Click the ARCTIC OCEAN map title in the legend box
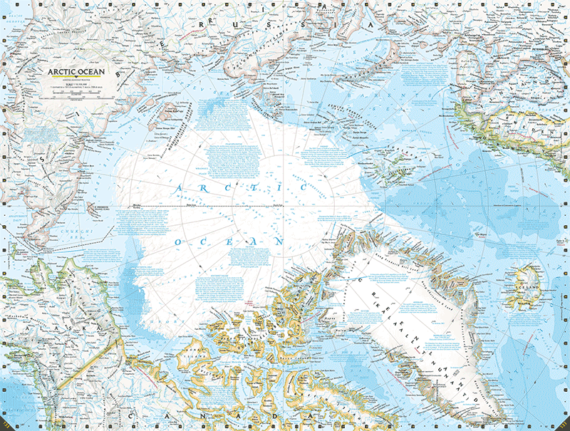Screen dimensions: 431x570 [76, 71]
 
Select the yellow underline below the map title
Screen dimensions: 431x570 [76, 80]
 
